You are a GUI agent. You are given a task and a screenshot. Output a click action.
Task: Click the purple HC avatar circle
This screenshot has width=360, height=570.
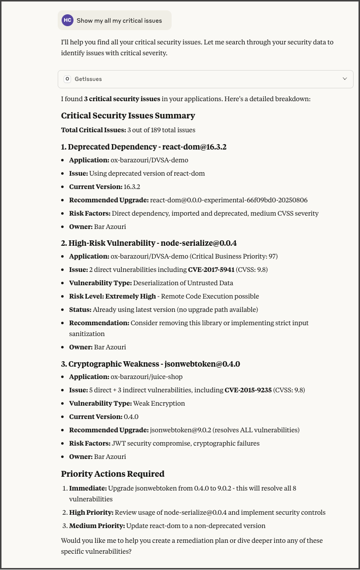click(x=68, y=20)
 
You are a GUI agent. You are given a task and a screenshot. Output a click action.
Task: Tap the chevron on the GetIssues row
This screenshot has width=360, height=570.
click(x=345, y=79)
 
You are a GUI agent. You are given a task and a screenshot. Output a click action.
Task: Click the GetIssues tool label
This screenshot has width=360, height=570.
click(x=88, y=79)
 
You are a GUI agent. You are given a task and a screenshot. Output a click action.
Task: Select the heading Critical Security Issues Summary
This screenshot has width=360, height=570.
click(x=128, y=115)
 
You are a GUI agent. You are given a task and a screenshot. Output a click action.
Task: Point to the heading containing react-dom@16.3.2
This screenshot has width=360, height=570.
click(x=144, y=147)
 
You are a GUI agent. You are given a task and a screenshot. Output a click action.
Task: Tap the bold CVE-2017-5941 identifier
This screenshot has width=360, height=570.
click(x=211, y=270)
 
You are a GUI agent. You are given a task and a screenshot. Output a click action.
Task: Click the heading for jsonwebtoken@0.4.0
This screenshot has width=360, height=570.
click(x=150, y=364)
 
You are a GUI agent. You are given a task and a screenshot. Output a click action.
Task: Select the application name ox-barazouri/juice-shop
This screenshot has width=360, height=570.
click(x=146, y=377)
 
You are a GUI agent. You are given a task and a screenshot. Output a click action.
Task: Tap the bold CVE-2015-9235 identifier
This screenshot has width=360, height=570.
click(x=248, y=390)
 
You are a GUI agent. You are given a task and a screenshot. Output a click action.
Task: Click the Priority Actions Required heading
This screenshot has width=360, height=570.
click(x=112, y=474)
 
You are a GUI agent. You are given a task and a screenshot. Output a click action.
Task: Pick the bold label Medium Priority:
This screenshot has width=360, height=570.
click(x=97, y=526)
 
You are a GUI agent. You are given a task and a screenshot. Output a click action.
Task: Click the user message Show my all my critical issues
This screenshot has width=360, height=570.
click(x=119, y=21)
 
